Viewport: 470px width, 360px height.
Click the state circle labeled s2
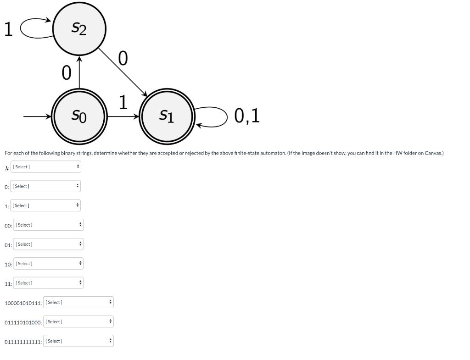coord(79,29)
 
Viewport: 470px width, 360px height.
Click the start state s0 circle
coord(79,116)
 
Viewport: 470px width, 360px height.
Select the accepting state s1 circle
coord(167,116)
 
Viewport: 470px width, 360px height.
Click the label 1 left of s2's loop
coord(7,29)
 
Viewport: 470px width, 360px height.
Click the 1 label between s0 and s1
coord(123,102)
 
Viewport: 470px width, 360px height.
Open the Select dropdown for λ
coord(46,167)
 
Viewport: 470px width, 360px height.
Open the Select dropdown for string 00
coord(49,225)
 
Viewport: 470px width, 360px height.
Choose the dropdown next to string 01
coord(49,244)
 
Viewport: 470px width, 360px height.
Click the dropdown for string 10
coord(49,264)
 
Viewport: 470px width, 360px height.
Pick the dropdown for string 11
coord(49,283)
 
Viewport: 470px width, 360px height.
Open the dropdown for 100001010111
coord(78,303)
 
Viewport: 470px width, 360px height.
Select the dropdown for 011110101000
coord(78,322)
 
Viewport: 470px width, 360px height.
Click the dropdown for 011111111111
coord(78,341)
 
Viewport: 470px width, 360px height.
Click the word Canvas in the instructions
coord(433,153)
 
